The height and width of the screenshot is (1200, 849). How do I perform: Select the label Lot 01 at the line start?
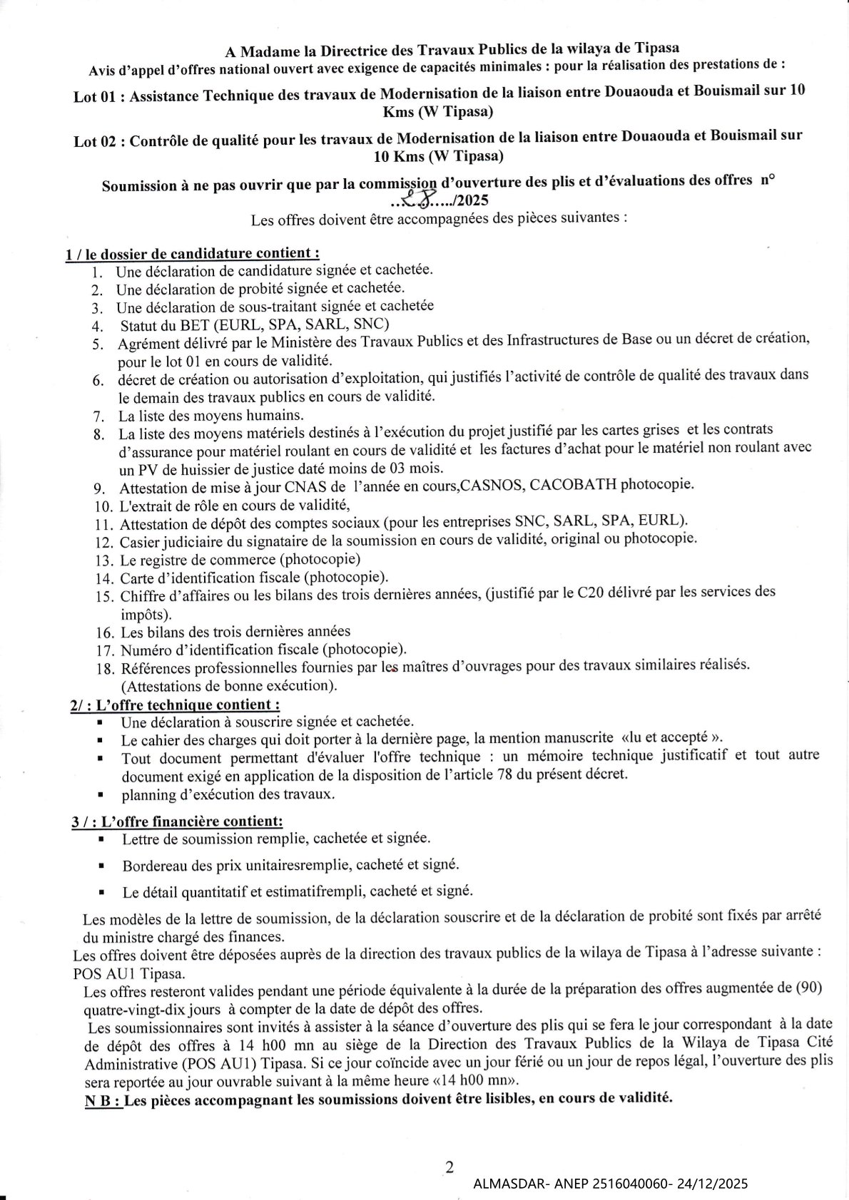pos(96,96)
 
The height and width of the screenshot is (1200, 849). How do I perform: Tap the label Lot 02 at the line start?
pos(95,140)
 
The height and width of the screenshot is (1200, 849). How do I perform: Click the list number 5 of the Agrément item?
pos(98,344)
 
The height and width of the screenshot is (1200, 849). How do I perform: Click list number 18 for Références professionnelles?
pos(104,669)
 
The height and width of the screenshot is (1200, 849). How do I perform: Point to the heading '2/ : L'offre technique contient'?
pos(175,704)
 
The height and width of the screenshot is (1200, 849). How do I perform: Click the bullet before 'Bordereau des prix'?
pos(103,867)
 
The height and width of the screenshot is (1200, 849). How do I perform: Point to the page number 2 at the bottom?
pos(449,1167)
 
